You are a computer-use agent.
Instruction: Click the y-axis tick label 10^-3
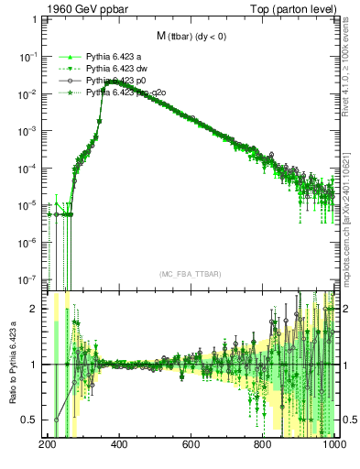pos(29,130)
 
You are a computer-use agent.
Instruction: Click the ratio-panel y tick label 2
pos(36,309)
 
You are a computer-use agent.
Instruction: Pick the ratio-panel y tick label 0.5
pos(32,420)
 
